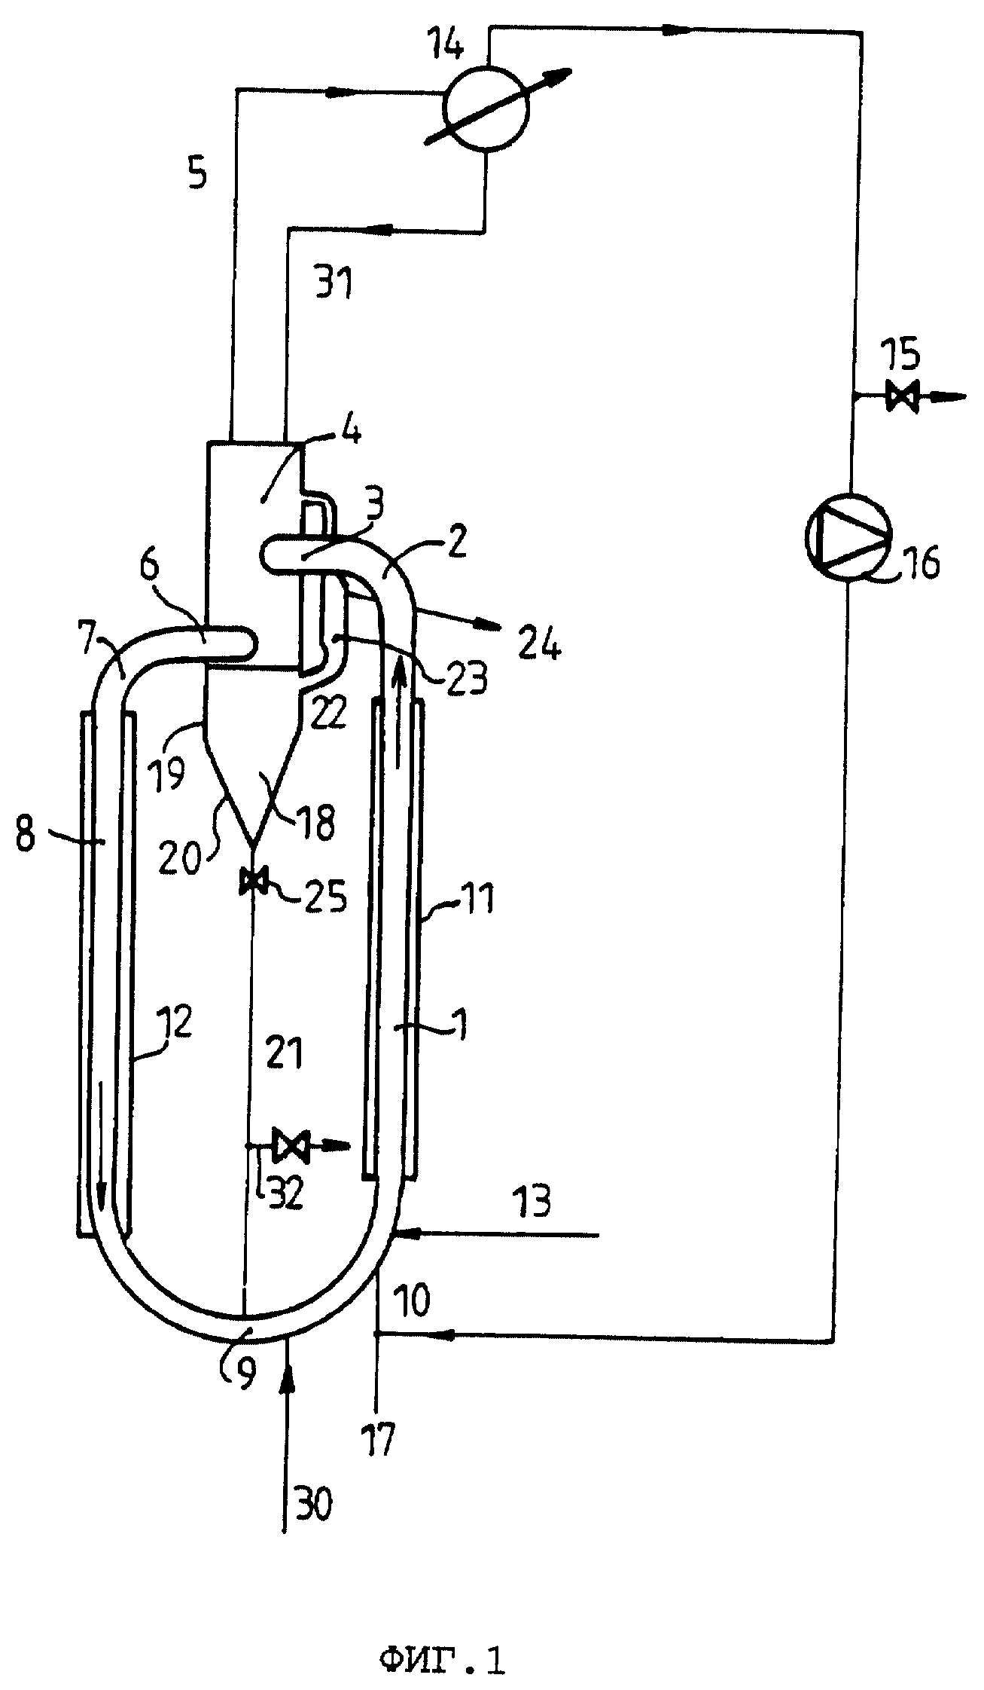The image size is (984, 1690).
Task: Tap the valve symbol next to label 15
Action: pos(900,395)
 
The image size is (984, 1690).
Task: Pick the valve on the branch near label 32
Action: pos(288,1146)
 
